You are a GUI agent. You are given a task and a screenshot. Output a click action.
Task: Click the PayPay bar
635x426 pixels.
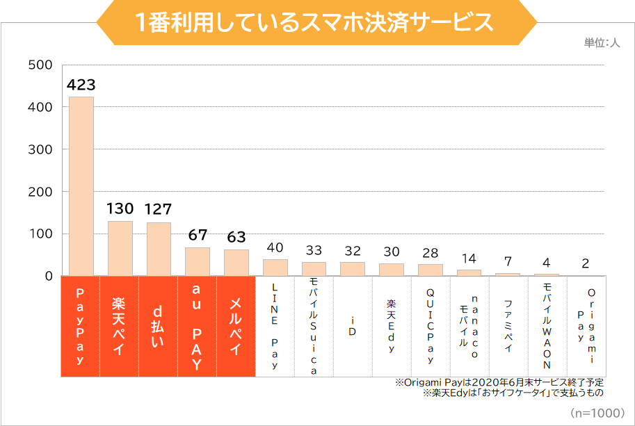81,186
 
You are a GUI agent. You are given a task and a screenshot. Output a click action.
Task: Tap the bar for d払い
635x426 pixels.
159,249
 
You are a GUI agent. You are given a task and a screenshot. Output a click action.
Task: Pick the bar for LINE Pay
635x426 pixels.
275,268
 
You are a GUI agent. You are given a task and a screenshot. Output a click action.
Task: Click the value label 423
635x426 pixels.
81,85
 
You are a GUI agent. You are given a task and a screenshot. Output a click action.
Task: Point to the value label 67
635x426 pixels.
198,235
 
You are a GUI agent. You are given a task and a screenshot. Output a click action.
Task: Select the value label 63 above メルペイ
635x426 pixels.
236,237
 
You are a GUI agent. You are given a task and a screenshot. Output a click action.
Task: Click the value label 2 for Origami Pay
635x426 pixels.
586,263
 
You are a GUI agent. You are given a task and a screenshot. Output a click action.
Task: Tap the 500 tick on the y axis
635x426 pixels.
40,65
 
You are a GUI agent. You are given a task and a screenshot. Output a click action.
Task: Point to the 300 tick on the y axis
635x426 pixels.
40,149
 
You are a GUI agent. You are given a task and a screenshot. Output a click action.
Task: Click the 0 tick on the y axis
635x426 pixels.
49,276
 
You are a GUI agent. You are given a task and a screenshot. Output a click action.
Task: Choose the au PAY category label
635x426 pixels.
198,326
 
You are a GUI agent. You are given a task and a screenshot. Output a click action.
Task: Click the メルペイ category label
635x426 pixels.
236,326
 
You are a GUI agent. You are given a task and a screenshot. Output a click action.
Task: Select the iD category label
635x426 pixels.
353,326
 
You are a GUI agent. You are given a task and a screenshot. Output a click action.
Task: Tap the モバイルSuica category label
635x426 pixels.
314,326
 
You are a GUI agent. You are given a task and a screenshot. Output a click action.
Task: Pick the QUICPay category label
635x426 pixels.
431,326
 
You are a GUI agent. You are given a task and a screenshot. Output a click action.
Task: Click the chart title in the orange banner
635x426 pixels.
316,22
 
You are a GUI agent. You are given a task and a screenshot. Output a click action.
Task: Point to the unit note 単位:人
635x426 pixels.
602,43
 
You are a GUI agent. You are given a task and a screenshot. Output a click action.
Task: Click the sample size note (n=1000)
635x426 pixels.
597,413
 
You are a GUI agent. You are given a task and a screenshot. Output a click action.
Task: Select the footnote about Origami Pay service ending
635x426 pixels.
499,382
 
